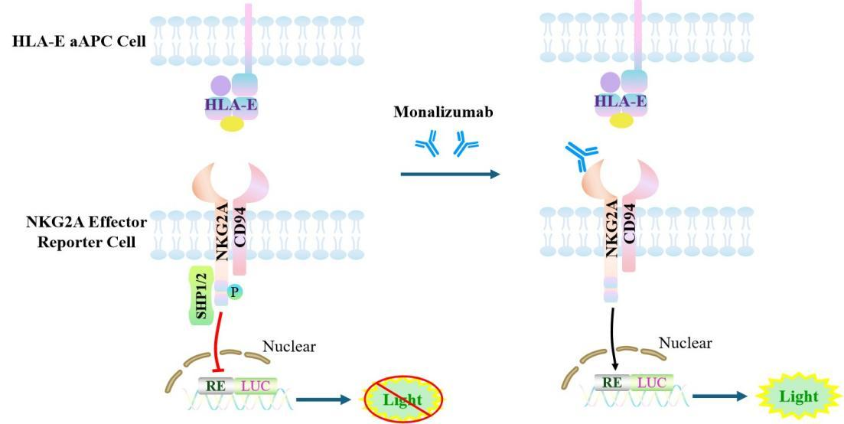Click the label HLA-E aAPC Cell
[x=79, y=41]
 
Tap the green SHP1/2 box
[x=202, y=295]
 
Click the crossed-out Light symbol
[x=402, y=399]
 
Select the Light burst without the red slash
[x=798, y=396]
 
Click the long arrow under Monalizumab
[x=449, y=174]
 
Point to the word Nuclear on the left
[x=288, y=347]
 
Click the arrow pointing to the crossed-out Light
[x=324, y=398]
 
